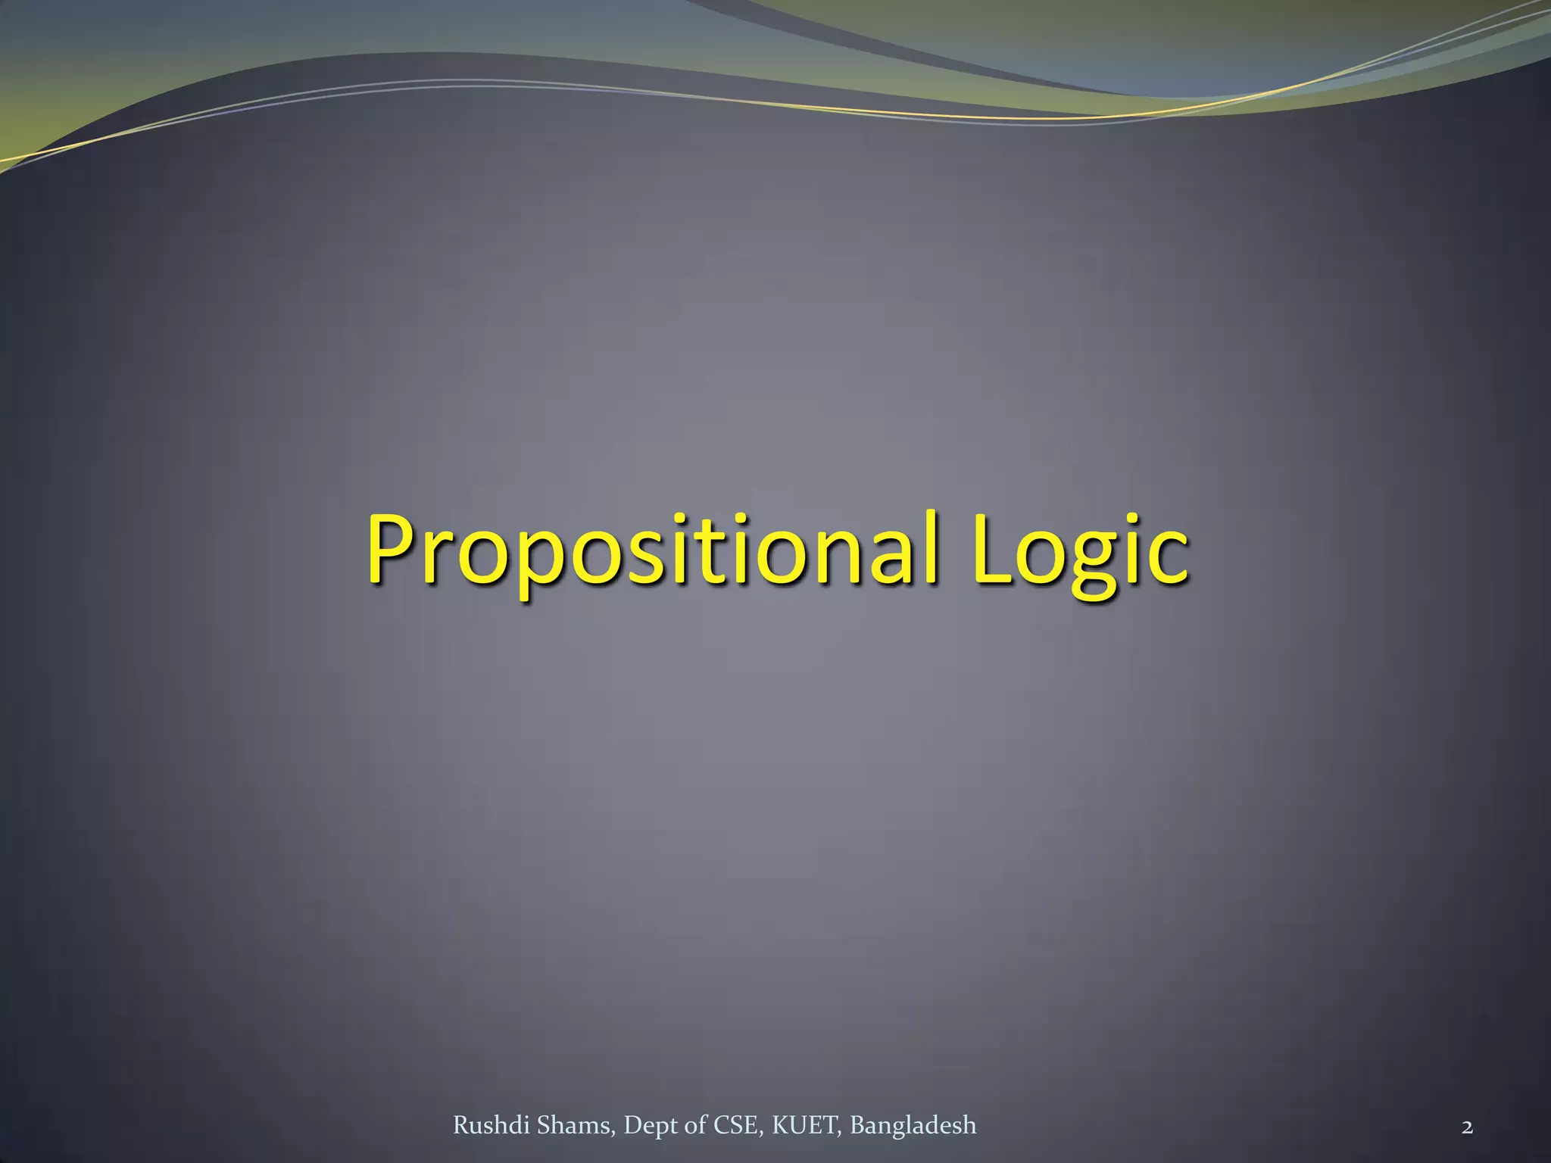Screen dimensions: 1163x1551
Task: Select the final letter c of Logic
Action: (x=1166, y=557)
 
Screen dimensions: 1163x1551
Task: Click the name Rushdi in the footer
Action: (x=492, y=1126)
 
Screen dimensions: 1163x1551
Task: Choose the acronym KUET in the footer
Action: (x=806, y=1126)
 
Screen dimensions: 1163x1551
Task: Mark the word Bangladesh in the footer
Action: (x=913, y=1126)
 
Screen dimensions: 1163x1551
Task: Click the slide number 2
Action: (x=1467, y=1127)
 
